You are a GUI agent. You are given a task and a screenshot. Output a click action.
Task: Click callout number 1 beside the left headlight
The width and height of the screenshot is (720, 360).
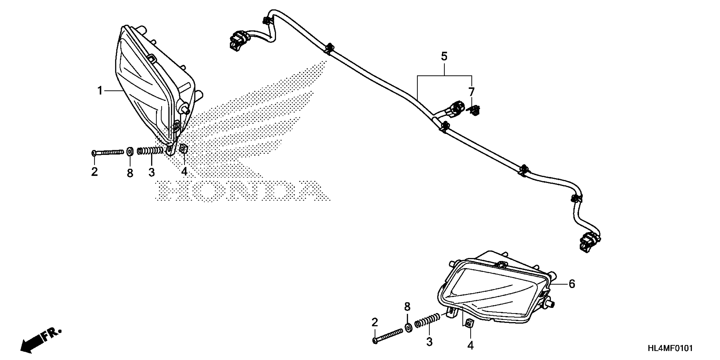(x=100, y=91)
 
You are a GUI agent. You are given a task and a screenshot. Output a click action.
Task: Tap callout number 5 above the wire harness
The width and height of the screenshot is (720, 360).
(x=444, y=57)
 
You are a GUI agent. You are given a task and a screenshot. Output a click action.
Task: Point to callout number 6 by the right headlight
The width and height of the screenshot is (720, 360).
(x=572, y=284)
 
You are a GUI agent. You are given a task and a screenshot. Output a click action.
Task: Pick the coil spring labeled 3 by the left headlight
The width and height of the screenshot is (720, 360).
(x=150, y=151)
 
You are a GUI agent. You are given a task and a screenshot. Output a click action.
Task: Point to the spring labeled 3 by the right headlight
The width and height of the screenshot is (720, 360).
(x=427, y=321)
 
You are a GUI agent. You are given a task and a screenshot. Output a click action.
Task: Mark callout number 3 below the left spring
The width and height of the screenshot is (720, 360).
(x=151, y=172)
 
